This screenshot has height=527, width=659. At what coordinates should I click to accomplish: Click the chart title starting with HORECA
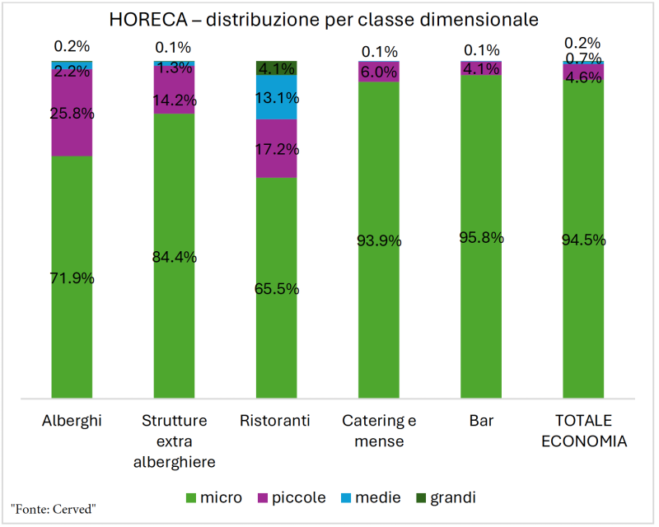coord(329,18)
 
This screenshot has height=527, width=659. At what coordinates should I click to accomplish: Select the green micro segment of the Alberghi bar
coord(72,329)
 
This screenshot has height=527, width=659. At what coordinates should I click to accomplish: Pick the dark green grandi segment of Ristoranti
coord(276,68)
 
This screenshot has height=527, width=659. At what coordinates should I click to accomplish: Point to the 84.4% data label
coord(174,256)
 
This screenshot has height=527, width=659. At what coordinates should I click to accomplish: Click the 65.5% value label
coord(276,289)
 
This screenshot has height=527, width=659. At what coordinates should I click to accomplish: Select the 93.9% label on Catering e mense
coord(379,240)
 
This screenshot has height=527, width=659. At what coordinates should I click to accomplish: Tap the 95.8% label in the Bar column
coord(481,237)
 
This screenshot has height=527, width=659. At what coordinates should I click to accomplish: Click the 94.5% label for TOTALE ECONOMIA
coord(583,240)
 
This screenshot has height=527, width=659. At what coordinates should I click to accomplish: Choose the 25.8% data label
coord(72,114)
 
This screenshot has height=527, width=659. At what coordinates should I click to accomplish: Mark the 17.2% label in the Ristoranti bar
coord(276,150)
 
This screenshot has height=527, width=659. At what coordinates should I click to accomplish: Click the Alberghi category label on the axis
coord(72,422)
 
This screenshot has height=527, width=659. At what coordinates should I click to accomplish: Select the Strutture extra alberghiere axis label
coord(174,441)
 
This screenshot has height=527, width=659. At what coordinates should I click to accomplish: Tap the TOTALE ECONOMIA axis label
coord(583,431)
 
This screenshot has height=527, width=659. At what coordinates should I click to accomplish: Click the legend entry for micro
coord(213,497)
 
